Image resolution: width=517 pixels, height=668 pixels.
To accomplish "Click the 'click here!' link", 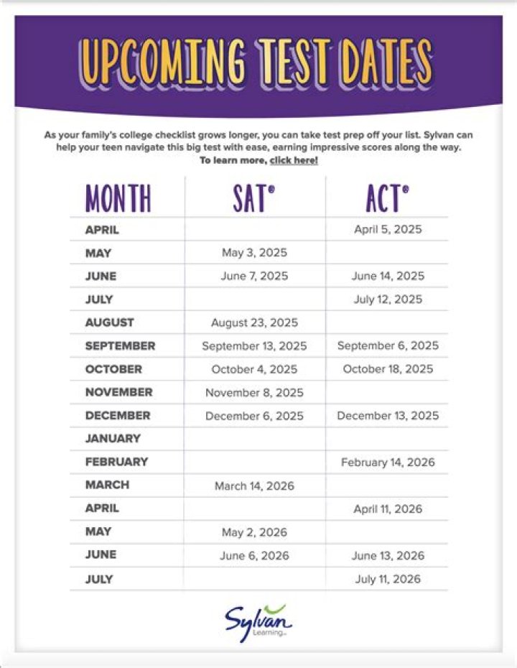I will coord(294,160).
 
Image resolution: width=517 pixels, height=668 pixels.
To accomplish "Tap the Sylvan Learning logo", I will coord(258,622).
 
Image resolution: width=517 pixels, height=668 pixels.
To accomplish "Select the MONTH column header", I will coord(118,198).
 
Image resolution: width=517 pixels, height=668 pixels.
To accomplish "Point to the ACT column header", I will coord(388,198).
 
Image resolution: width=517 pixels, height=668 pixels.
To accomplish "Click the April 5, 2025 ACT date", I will coord(388,230).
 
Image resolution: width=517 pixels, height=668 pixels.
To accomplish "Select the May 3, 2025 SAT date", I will coord(254,253).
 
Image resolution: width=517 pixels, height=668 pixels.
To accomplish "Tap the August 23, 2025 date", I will coord(254,323).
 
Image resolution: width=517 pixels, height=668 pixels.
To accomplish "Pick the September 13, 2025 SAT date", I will coord(254,346).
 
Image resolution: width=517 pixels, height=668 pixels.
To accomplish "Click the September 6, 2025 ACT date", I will coord(388,346).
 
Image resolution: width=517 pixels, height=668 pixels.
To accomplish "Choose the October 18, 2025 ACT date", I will coord(388,369).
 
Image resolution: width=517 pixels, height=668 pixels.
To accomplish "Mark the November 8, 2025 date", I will coord(254,393).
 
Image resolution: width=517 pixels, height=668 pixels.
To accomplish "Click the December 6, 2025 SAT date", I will coord(254,416).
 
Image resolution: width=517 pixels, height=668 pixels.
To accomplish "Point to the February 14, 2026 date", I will coord(388,463).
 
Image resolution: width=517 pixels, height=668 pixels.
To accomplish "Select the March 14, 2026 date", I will coord(254,486).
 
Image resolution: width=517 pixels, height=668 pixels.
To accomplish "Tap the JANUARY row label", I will coord(113,439).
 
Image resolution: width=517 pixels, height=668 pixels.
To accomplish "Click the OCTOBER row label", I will coord(113,369).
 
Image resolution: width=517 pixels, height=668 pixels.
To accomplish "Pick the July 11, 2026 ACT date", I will coord(388,579).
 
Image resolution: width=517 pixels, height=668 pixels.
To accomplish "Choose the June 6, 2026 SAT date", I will coord(254,556).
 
